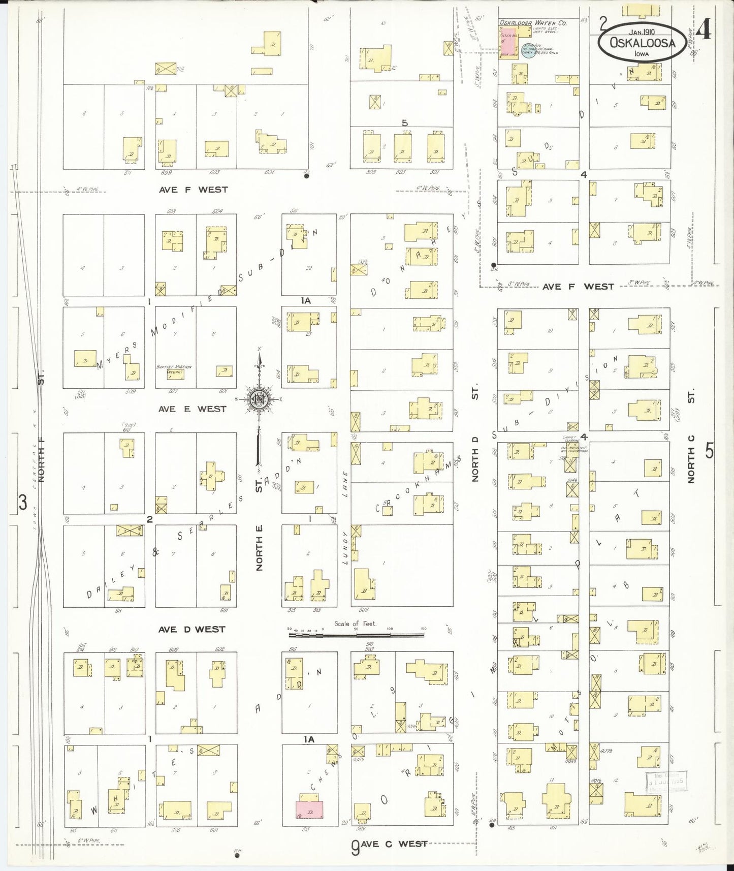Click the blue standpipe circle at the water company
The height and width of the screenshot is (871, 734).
[x=528, y=53]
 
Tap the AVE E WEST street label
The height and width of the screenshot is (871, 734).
[x=192, y=409]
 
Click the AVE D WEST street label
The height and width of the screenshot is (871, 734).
[x=192, y=629]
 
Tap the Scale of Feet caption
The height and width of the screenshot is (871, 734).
[x=355, y=624]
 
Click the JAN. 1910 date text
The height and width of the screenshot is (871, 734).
[x=641, y=32]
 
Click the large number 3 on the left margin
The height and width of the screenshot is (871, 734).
[x=23, y=503]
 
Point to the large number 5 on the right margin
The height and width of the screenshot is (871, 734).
[x=709, y=450]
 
